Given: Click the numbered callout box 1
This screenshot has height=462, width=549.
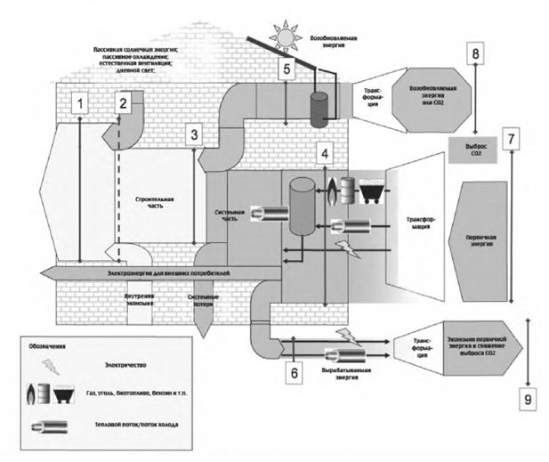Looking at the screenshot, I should tap(82, 104).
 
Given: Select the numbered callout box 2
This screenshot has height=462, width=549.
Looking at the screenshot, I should tap(125, 103).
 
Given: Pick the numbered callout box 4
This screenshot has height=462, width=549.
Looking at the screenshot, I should tap(327, 153).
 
